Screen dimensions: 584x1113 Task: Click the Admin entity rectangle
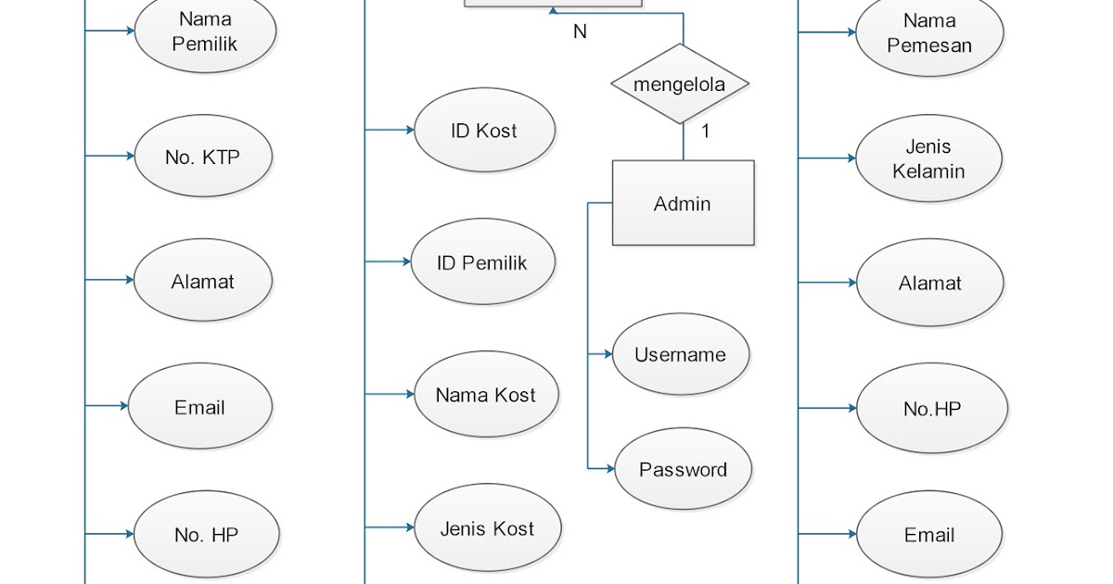click(x=683, y=203)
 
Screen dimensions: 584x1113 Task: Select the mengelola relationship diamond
click(x=680, y=84)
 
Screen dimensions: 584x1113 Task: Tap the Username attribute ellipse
click(x=680, y=354)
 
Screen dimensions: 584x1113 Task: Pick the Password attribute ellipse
click(x=683, y=470)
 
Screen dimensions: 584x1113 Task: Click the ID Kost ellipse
click(x=483, y=131)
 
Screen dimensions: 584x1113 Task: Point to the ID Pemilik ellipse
click(x=482, y=263)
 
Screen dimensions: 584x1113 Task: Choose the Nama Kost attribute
click(x=486, y=395)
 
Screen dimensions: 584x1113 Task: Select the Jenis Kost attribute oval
click(x=487, y=528)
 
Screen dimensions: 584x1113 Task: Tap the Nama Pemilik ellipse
click(x=205, y=32)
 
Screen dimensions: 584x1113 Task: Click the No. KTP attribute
click(x=203, y=157)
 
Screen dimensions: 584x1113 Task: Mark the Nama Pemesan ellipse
click(x=929, y=33)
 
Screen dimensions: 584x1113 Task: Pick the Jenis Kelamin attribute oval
click(x=928, y=159)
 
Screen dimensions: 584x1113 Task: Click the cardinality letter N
click(x=580, y=32)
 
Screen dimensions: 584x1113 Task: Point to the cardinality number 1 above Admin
click(x=705, y=132)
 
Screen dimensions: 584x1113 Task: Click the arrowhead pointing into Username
click(x=607, y=354)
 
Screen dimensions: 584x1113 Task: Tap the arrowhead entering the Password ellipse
click(x=608, y=469)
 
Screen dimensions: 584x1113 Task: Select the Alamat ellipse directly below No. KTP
click(x=203, y=282)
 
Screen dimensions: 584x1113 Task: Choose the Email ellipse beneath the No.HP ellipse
click(x=929, y=535)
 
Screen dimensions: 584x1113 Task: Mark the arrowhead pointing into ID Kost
click(x=409, y=131)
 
